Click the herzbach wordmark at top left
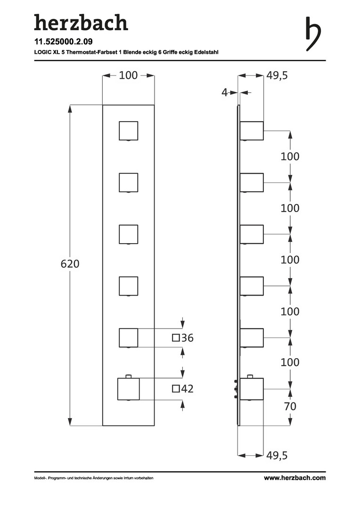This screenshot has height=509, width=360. coord(81,23)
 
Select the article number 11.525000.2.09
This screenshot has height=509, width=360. coord(63,41)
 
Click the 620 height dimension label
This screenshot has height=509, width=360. coord(70,264)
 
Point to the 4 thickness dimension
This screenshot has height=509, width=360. coord(224,92)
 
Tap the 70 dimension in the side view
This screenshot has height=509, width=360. coord(290,406)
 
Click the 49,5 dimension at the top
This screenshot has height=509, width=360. coord(277,75)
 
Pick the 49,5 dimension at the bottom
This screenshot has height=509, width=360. coord(277,455)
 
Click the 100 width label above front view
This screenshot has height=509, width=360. coord(128,75)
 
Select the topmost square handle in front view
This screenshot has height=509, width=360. coord(129,131)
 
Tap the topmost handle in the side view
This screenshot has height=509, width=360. coord(252,131)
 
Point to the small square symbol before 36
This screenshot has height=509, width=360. coord(176,338)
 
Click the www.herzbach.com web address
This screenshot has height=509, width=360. coord(295,478)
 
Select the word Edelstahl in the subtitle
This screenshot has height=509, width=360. coord(206,52)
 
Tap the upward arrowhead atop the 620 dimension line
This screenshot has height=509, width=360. coord(70,108)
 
